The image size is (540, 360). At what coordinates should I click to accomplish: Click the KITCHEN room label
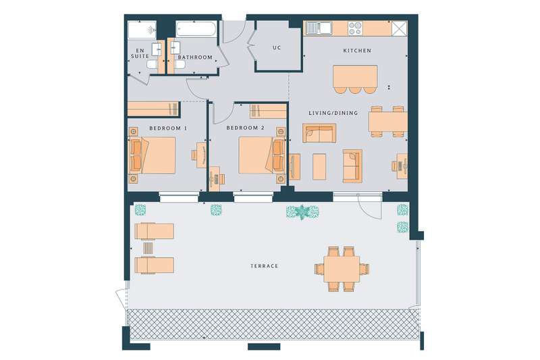tap(357, 51)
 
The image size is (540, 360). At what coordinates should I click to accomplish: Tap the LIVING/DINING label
tap(333, 113)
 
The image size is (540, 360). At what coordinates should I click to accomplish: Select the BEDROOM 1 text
tap(168, 128)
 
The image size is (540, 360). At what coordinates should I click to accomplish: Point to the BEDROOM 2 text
tap(245, 128)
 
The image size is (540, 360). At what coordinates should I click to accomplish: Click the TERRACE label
tap(264, 266)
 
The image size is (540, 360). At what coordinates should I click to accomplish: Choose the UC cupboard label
tap(277, 48)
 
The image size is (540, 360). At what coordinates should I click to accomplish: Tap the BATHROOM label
tap(195, 57)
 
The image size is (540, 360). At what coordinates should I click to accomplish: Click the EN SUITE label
tap(140, 53)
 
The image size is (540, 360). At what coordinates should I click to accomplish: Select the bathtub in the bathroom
tap(196, 29)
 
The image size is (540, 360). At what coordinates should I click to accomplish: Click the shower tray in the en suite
tap(142, 30)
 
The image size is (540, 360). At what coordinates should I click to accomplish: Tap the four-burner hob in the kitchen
tap(355, 28)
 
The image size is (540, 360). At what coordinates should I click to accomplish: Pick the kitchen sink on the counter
tap(319, 28)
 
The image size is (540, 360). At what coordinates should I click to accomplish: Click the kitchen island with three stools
tap(355, 79)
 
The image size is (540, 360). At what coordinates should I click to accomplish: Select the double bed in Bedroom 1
tap(153, 155)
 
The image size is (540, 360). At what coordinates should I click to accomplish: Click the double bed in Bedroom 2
tap(262, 155)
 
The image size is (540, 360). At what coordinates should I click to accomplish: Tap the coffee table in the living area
tap(319, 167)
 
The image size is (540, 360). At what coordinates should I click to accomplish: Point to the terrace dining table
tap(342, 269)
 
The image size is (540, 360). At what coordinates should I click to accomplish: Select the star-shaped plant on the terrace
tap(302, 212)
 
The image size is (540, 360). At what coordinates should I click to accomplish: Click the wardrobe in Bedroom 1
tap(154, 109)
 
